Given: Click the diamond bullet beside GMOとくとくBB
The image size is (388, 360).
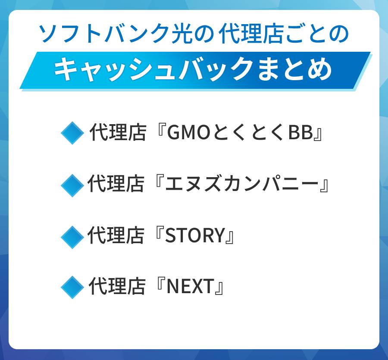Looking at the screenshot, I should click(x=72, y=133).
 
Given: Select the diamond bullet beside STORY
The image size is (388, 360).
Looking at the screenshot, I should click(x=72, y=237).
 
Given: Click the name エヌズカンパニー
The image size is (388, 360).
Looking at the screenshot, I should click(x=241, y=185).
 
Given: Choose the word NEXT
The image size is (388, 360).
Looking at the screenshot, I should click(x=190, y=287).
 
